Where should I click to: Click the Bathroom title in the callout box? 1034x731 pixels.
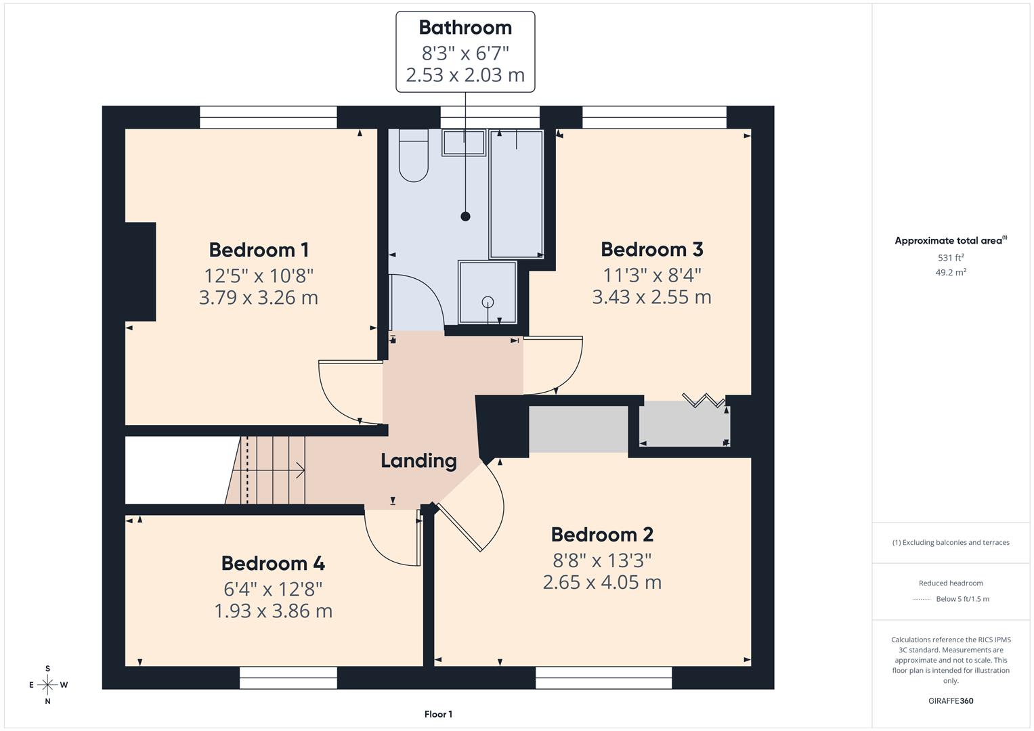(465, 28)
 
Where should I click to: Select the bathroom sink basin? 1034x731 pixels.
(464, 143)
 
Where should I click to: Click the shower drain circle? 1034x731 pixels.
(488, 302)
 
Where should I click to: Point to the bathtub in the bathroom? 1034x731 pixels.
(516, 195)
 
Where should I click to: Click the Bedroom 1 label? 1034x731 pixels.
(259, 250)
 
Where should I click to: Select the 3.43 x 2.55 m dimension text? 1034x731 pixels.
(651, 297)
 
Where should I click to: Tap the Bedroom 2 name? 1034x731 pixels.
(602, 535)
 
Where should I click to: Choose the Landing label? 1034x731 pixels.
(418, 461)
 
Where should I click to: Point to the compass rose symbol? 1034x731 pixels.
(47, 685)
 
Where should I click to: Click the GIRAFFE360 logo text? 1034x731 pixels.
(951, 701)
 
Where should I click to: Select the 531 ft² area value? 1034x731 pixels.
(951, 258)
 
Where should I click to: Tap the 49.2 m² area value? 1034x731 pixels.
(951, 272)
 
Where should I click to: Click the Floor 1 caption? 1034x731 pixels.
(438, 714)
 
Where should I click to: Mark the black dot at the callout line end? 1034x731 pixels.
(465, 217)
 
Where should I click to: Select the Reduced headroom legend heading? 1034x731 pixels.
(951, 583)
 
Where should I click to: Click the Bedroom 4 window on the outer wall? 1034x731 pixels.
(288, 678)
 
